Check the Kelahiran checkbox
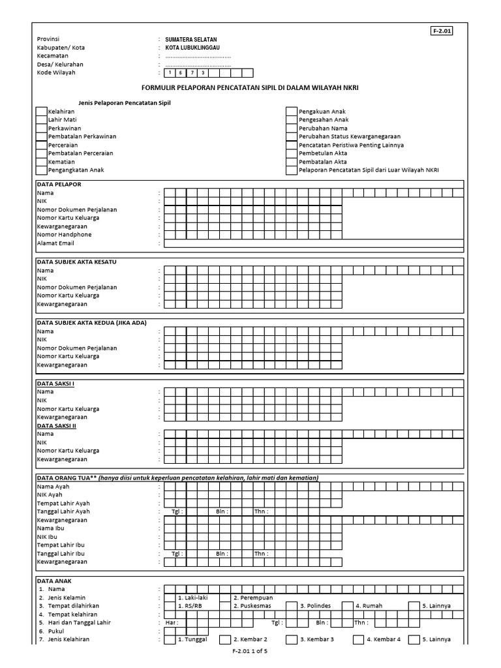[42, 112]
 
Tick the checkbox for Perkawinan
[42, 129]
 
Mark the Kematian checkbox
[42, 162]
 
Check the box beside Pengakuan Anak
[292, 112]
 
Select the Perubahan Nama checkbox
[292, 129]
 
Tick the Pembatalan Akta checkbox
[292, 162]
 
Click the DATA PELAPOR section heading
[59, 185]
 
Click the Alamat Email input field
[313, 243]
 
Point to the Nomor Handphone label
[64, 235]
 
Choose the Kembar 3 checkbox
[292, 640]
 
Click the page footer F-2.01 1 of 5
[250, 652]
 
